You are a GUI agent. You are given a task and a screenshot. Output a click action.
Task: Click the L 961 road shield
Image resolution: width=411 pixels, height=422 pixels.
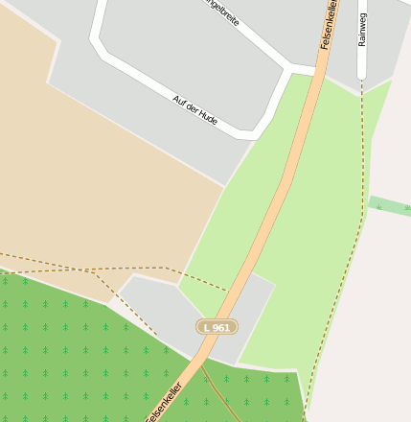[217, 327]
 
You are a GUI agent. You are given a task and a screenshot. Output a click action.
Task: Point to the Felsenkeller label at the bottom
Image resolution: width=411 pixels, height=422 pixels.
[164, 401]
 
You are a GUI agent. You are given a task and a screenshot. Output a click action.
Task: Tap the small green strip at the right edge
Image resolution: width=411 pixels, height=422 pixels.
[390, 205]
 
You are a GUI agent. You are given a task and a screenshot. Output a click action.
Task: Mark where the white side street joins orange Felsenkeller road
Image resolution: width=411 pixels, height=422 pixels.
[316, 69]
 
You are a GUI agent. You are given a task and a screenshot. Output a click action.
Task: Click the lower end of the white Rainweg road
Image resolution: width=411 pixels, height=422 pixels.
[362, 77]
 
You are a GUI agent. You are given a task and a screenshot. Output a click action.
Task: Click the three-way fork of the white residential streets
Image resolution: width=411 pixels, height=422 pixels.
[288, 67]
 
